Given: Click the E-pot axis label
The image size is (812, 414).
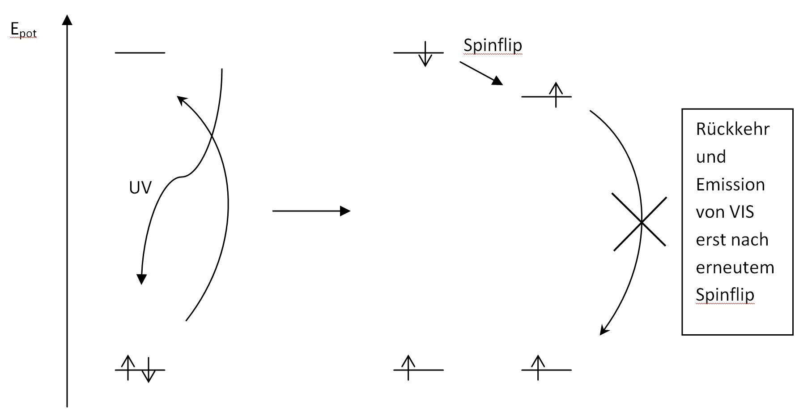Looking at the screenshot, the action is [23, 30].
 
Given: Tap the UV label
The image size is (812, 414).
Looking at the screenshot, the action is [140, 188].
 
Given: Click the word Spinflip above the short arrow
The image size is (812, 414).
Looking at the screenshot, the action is [493, 46].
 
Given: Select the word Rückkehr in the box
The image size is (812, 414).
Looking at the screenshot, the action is [732, 129].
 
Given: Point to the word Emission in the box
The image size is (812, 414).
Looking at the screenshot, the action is [730, 185].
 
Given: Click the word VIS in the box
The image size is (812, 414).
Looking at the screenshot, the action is [740, 212].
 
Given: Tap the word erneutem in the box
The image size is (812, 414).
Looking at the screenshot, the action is [735, 267].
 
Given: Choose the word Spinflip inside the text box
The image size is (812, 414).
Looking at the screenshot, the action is [725, 295].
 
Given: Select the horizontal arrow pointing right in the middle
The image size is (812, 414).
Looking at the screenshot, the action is [311, 211].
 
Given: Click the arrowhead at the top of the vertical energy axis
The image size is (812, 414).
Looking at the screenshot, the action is [67, 20].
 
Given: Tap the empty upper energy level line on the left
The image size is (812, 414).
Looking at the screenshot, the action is [140, 53].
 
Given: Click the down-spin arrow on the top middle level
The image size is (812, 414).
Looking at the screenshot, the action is [425, 54].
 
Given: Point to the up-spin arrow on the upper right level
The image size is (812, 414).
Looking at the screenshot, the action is [556, 95].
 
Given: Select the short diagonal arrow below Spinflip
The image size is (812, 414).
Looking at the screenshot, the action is [481, 73].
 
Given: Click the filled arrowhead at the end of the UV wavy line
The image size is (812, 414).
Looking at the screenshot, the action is [141, 279].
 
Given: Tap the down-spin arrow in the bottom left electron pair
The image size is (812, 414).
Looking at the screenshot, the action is [148, 370].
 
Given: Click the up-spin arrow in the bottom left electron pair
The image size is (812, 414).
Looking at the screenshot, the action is [128, 368].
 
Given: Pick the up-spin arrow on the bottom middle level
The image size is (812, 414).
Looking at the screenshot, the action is [408, 368].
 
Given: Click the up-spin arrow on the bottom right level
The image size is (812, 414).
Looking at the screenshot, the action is [538, 368].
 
